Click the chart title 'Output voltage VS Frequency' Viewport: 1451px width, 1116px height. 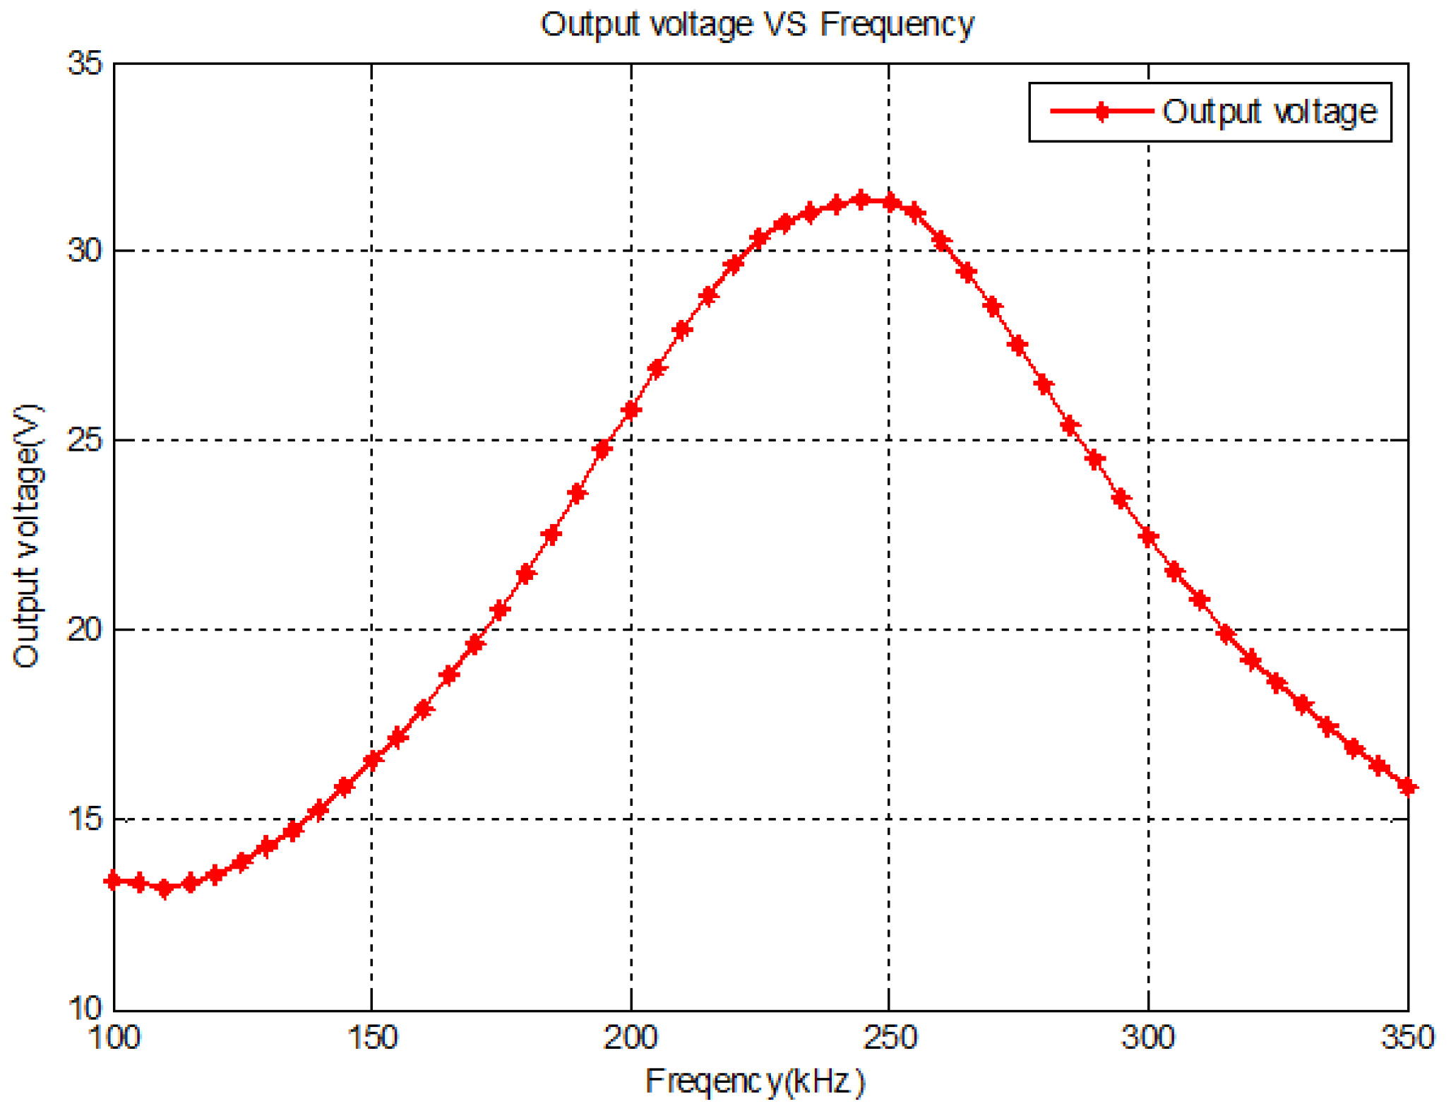757,25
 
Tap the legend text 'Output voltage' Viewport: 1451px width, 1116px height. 1269,112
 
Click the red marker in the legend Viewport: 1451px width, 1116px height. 1101,111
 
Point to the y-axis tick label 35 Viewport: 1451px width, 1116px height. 85,64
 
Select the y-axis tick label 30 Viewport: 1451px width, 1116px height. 85,251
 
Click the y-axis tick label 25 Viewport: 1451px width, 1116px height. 85,440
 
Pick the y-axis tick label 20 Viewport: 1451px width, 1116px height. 85,629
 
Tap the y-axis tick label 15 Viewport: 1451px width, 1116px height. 85,819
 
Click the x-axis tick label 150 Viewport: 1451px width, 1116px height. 372,1038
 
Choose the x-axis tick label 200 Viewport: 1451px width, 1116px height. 631,1038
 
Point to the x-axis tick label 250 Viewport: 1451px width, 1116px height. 889,1038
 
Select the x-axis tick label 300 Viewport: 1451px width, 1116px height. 1148,1038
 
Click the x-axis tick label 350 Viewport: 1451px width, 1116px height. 1407,1038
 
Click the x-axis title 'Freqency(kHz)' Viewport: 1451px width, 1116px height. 755,1081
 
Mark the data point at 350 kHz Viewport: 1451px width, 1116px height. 1407,787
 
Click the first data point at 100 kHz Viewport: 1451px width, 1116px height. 113,881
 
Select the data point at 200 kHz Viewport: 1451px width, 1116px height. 631,410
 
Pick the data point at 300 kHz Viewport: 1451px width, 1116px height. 1148,537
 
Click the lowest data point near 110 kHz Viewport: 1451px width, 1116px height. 165,889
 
